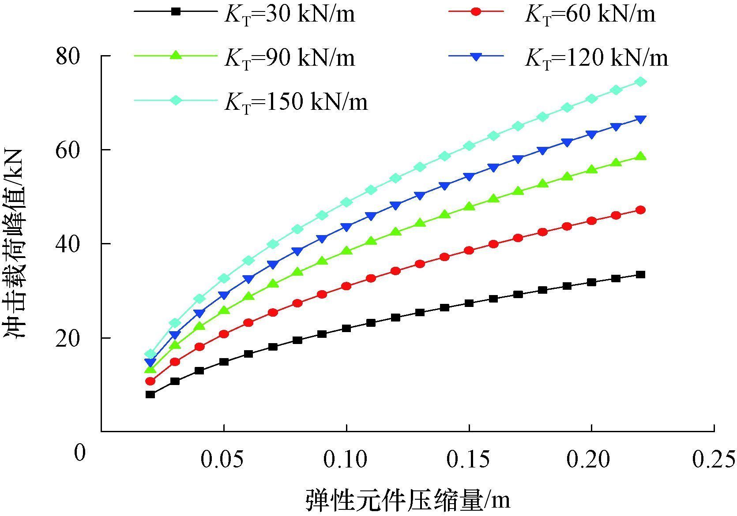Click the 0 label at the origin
tap(80, 452)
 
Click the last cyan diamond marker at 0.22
tap(641, 82)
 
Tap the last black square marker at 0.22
tap(641, 274)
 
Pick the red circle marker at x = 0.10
tap(346, 286)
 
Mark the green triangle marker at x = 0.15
tap(469, 206)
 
